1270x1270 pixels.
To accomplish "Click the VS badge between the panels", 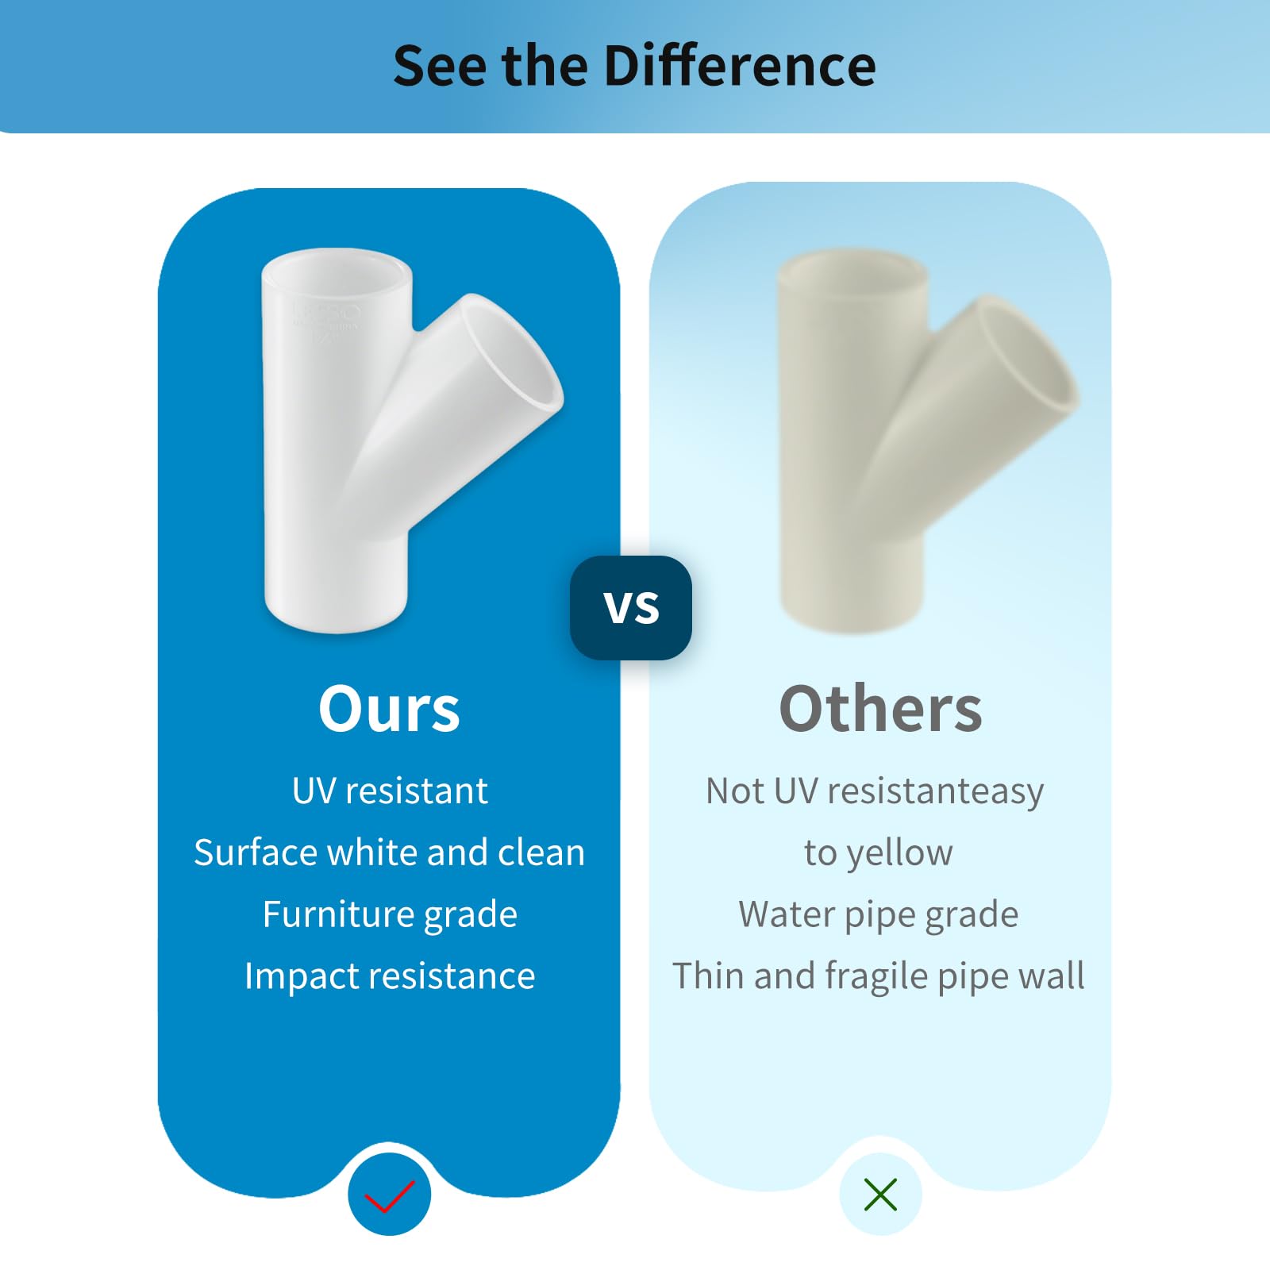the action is pos(631,608).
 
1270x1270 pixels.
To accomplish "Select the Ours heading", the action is pos(389,709).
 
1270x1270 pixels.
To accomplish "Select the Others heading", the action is pos(880,709).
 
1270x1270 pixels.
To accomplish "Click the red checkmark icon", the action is pos(389,1196).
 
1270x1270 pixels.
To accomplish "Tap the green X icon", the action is pos(880,1195).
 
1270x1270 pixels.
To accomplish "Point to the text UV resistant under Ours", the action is pos(390,791).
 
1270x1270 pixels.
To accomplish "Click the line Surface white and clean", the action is pos(389,852).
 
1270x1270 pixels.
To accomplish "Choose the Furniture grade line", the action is pos(390,915).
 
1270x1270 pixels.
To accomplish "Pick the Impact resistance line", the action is pos(390,976).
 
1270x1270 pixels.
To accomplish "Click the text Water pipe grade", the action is pos(879,915).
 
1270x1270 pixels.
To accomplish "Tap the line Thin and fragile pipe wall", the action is pos(879,976).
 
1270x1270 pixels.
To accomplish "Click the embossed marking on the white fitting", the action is pos(325,321).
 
